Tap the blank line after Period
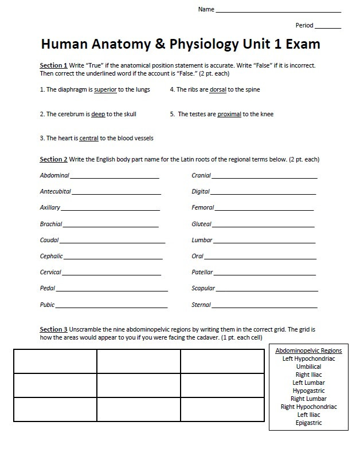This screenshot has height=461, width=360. (x=328, y=27)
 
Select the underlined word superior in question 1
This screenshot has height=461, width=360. (x=105, y=90)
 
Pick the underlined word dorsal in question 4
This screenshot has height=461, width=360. (x=217, y=90)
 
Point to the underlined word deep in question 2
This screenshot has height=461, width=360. (x=98, y=114)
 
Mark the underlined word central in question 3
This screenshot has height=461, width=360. (x=89, y=138)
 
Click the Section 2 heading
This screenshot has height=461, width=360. (x=53, y=159)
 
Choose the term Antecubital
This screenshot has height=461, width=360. (x=56, y=191)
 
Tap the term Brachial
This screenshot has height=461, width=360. (x=51, y=224)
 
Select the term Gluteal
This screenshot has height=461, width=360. (x=201, y=224)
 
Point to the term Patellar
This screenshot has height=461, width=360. (x=202, y=272)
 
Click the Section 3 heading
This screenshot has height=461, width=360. (x=53, y=329)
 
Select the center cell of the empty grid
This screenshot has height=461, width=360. (x=138, y=385)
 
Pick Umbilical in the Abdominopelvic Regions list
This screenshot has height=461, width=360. (x=308, y=367)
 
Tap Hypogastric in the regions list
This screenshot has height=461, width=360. (x=308, y=391)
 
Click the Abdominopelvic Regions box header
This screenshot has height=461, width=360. (x=308, y=350)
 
